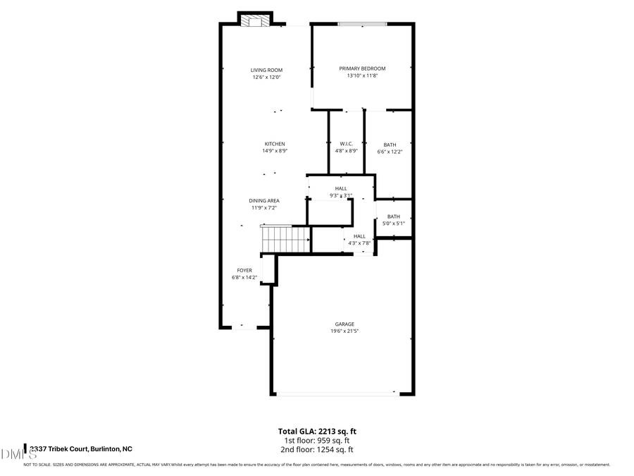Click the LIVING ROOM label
[267, 70]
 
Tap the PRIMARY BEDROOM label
[362, 68]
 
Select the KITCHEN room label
[275, 144]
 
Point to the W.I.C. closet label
[346, 144]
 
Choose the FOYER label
[244, 270]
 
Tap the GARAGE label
[344, 324]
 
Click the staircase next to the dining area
[285, 239]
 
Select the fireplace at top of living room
[255, 21]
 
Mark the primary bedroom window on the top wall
[362, 25]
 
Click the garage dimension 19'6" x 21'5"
[344, 331]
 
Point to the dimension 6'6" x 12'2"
[390, 152]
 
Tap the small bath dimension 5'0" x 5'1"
[393, 224]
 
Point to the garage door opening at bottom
[336, 393]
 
